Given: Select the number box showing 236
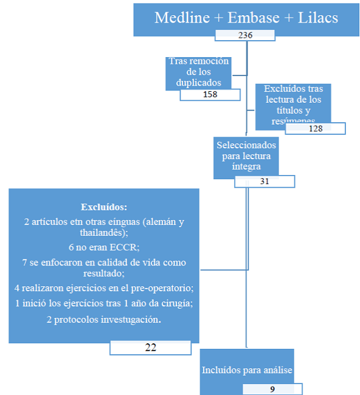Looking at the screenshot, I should tap(246, 36).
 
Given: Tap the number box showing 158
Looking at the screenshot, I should tap(210, 94).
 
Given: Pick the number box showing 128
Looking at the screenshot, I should tap(315, 128).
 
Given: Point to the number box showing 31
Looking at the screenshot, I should tap(265, 181).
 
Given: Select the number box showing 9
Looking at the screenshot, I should tap(272, 389).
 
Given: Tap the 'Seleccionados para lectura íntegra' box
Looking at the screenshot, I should tap(246, 156).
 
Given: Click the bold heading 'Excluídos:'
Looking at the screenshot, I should tap(103, 207).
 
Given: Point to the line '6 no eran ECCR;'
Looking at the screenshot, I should tap(103, 247).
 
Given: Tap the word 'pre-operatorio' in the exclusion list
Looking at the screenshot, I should tap(161, 286).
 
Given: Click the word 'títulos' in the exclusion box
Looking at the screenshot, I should tap(292, 110).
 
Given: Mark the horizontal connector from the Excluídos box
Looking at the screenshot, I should tap(223, 269).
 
